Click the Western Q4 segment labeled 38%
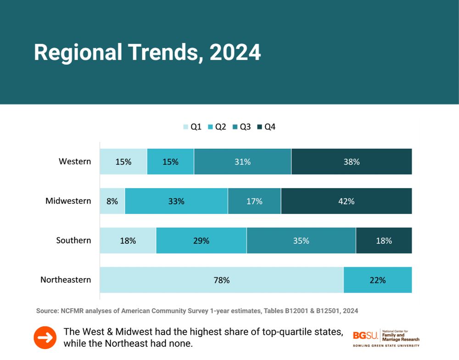[352, 162]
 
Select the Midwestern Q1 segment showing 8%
[112, 201]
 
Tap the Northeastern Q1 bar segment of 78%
[221, 280]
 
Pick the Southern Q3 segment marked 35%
[301, 241]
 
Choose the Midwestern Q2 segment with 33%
[176, 201]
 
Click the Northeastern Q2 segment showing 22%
[378, 280]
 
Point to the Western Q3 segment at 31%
[242, 162]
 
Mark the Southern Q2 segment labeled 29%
[201, 241]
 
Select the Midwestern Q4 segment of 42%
[347, 201]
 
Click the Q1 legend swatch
[186, 127]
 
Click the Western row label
[75, 162]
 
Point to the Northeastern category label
[66, 280]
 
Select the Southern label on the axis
[73, 240]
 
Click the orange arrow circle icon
[45, 337]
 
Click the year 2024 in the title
[235, 53]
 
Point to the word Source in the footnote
[47, 311]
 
